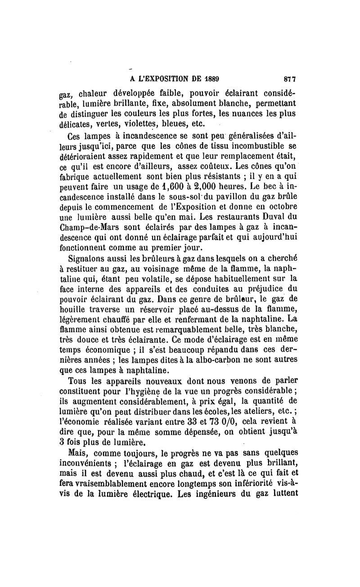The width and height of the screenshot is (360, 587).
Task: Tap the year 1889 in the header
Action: pos(210,78)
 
